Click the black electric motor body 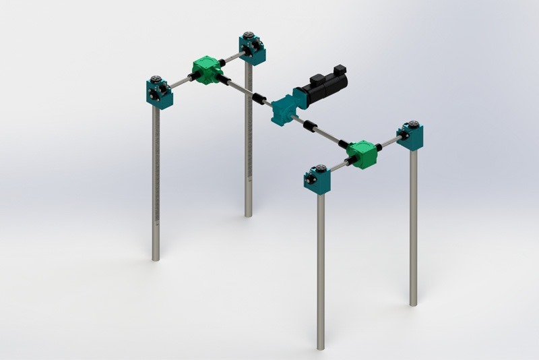point(325,88)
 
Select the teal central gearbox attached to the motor point(284,110)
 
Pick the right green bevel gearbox point(361,154)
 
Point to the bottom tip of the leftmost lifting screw point(156,258)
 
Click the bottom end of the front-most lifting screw point(321,347)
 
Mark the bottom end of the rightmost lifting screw point(413,303)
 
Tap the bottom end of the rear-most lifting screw point(248,214)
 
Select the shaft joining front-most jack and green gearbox point(339,167)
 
